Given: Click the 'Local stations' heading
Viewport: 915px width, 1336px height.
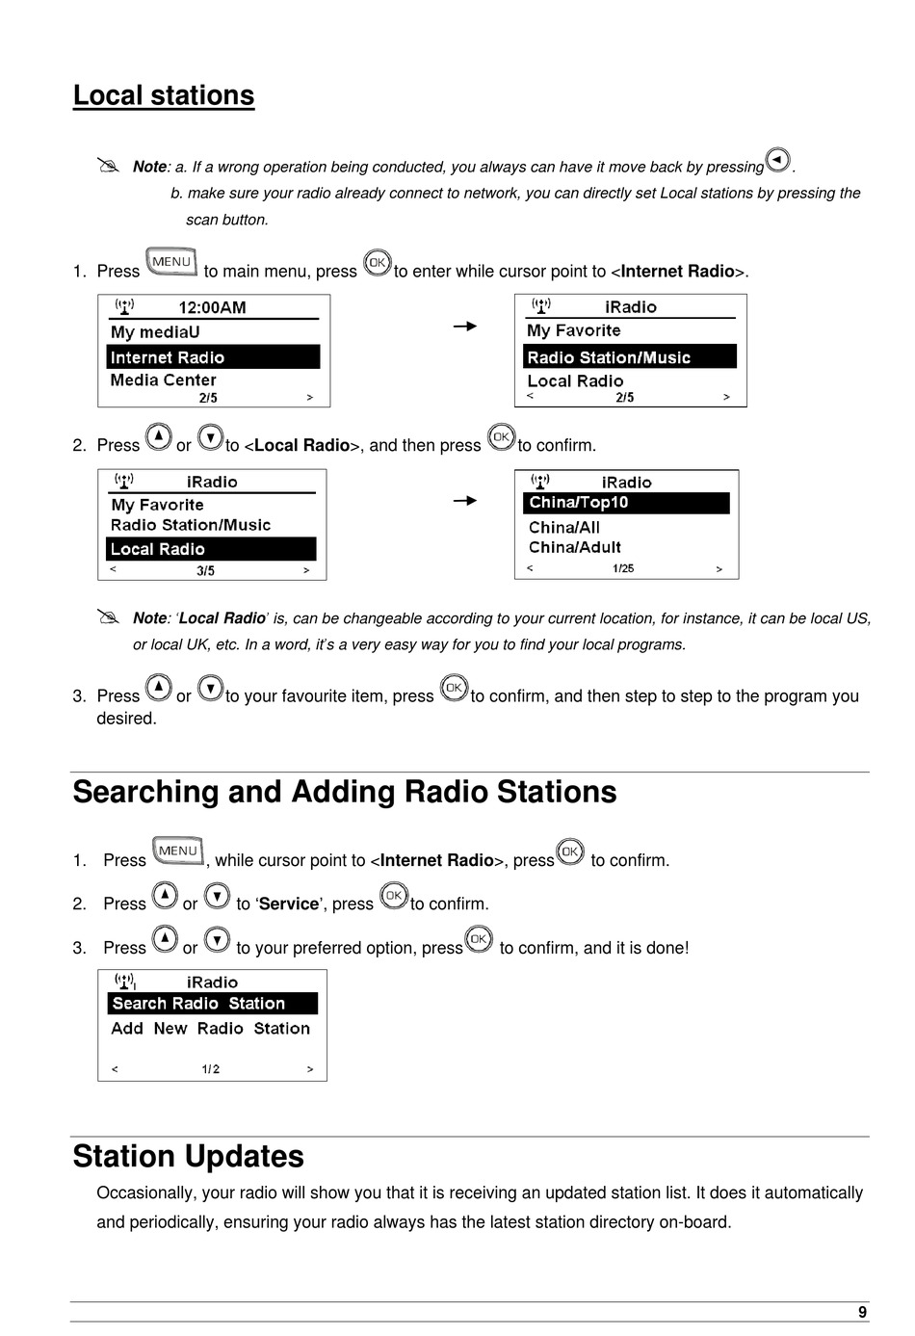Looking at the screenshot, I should (164, 95).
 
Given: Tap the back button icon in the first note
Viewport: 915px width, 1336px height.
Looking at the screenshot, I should (777, 160).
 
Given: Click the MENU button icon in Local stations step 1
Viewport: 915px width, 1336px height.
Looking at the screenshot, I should (171, 262).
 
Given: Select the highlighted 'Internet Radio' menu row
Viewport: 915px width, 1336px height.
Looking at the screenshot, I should (213, 357).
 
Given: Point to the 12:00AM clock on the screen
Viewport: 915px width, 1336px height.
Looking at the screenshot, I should (212, 307).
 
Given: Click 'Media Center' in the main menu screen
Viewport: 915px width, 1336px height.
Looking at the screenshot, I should (164, 380).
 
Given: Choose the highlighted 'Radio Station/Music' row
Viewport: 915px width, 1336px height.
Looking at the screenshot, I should (630, 357).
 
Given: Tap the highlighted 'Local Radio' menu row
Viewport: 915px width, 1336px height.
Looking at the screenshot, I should (211, 549).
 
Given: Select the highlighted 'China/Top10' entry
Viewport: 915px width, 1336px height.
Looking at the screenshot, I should (626, 503).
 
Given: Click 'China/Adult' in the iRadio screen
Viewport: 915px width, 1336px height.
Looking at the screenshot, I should (575, 547).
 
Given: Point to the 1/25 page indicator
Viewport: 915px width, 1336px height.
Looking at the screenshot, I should (623, 568).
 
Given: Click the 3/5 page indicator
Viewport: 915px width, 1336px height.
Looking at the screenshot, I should (205, 570).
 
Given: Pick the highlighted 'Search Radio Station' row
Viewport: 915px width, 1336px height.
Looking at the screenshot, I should (212, 1004).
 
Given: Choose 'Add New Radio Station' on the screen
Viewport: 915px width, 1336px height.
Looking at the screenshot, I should (210, 1029).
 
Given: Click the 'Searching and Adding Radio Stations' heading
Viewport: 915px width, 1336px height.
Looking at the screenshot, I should (345, 792).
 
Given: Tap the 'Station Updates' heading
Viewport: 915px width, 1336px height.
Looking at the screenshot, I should (189, 1156).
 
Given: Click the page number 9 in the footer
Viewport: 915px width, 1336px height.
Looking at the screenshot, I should (862, 1312).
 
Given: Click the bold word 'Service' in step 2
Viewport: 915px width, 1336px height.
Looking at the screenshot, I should (289, 904).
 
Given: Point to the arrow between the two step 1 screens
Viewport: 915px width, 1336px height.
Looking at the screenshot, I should (465, 327).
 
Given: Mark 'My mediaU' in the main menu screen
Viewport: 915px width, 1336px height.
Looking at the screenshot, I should (155, 332).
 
